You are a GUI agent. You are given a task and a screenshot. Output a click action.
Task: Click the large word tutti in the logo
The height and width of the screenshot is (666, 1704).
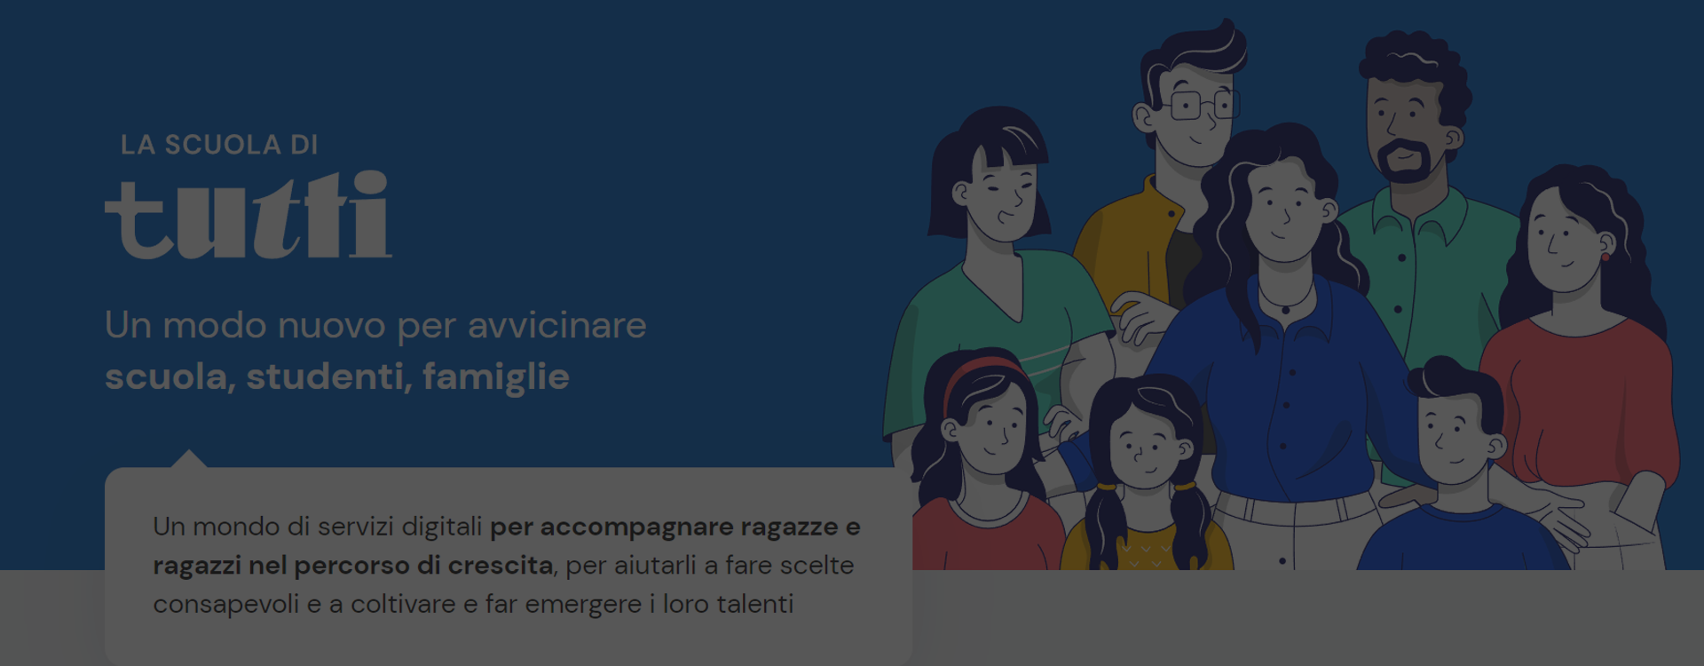point(248,215)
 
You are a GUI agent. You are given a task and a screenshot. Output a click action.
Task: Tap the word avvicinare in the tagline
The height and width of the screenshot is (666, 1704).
point(557,325)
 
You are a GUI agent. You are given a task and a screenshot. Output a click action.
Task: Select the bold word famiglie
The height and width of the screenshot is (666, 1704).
point(496,377)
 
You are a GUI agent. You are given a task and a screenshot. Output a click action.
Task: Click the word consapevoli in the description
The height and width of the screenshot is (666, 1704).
point(226,605)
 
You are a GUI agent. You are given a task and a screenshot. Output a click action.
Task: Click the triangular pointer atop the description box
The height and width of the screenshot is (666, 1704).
point(188,459)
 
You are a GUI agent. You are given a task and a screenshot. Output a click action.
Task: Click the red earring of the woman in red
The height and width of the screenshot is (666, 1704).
point(1605,258)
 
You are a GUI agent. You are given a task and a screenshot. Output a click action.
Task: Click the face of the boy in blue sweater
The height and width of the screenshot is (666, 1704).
point(1454,438)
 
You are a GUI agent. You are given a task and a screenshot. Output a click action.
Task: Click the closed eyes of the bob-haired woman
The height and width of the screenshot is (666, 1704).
point(1007,188)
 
